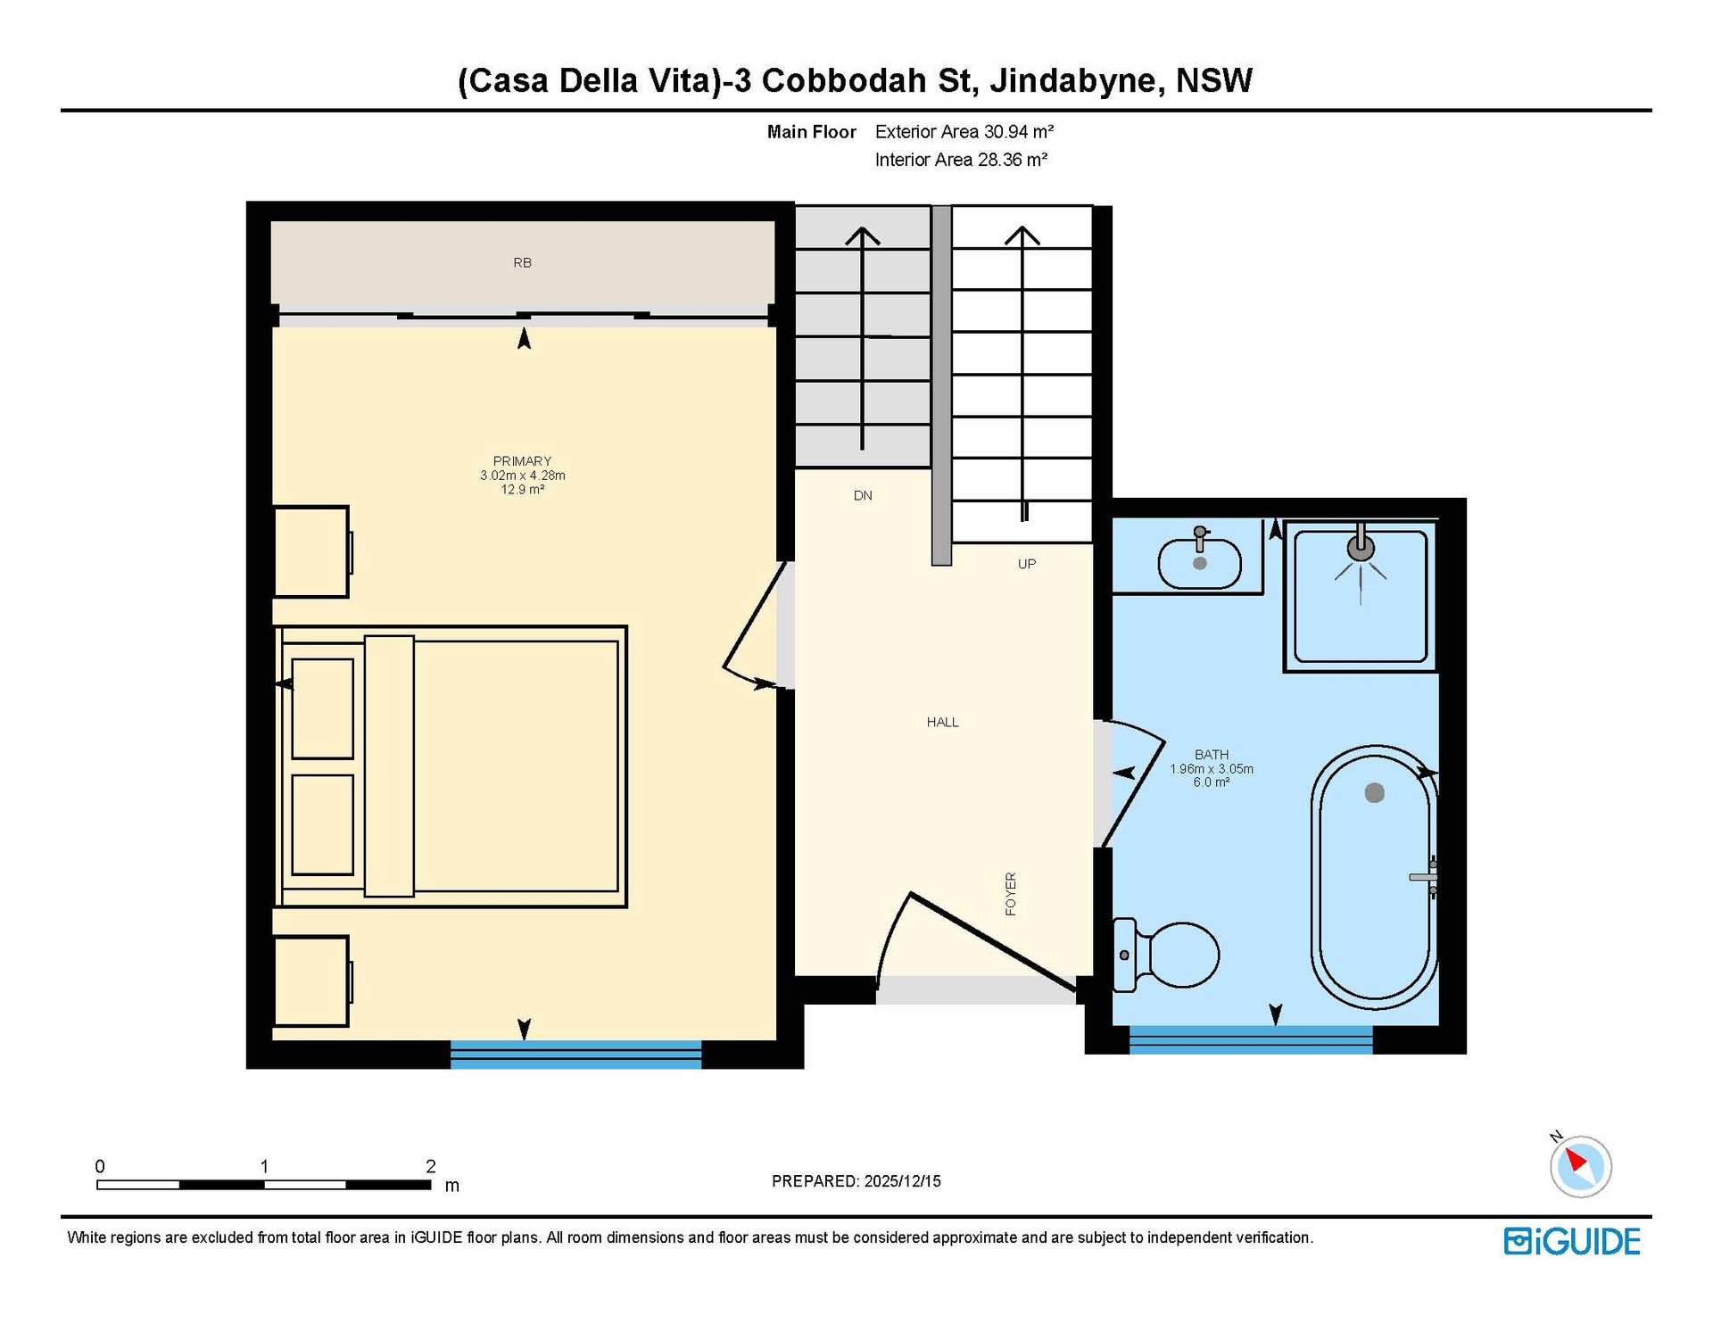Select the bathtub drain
[1375, 792]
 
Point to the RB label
[522, 262]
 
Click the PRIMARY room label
[522, 461]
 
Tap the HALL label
[942, 722]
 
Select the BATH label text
[1212, 755]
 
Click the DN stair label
[863, 495]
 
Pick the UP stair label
[1027, 564]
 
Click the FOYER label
[1011, 894]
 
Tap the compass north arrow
[1576, 1160]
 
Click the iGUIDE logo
[1572, 1241]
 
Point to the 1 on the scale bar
[264, 1166]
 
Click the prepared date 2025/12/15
[902, 1181]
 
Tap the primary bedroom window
[575, 1054]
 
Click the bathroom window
[1251, 1040]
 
